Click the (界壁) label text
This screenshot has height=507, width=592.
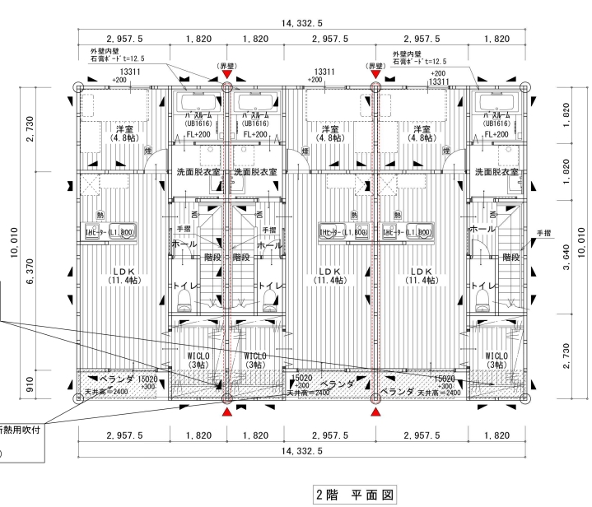(227, 65)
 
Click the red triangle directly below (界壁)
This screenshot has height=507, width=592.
(227, 76)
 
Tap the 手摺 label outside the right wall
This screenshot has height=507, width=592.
(543, 233)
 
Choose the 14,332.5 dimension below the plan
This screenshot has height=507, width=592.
(301, 451)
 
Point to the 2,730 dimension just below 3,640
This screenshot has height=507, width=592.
(566, 350)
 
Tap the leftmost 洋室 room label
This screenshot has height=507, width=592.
(124, 129)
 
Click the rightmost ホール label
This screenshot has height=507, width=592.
(482, 230)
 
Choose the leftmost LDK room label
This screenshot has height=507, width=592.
(124, 271)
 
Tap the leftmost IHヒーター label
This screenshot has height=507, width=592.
(110, 233)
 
